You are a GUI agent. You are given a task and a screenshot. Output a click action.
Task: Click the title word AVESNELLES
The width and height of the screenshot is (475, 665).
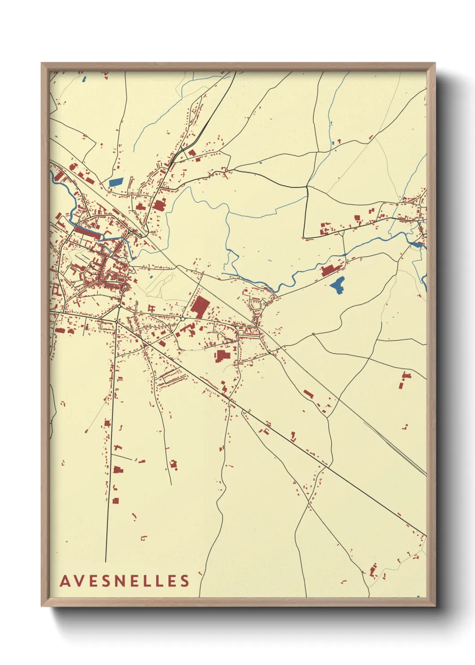(x=125, y=581)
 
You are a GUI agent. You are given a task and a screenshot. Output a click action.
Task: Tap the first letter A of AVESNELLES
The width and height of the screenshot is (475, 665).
(x=65, y=581)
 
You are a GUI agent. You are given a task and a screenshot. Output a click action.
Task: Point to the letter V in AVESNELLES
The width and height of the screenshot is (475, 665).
(x=79, y=581)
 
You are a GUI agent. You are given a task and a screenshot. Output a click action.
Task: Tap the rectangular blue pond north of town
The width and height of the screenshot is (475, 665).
(x=116, y=182)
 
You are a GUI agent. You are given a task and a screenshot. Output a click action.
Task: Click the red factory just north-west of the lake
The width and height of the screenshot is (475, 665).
(x=330, y=270)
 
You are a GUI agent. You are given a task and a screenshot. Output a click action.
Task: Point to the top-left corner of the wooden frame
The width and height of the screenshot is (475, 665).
(x=42, y=64)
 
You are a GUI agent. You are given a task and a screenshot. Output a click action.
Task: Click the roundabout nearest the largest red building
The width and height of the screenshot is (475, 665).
(x=183, y=319)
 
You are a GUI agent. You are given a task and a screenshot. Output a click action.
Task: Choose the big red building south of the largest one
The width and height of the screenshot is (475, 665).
(x=222, y=356)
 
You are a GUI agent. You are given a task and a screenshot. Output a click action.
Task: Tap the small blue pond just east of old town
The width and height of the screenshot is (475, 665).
(x=151, y=275)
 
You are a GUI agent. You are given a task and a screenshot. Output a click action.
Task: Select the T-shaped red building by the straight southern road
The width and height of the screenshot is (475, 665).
(x=117, y=448)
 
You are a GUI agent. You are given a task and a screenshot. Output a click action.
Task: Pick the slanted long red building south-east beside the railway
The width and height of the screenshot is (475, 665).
(x=308, y=394)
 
